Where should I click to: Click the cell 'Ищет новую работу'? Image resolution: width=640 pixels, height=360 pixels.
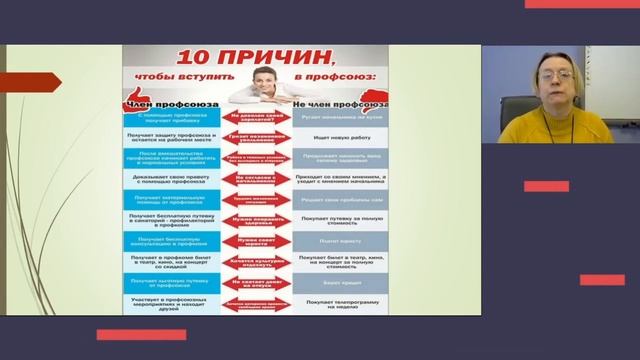(339, 139)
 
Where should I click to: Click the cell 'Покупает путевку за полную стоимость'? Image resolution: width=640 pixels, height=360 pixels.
(339, 219)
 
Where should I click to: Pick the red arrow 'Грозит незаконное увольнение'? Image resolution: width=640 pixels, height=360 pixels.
(257, 139)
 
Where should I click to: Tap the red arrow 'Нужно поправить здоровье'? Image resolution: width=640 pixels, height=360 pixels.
(257, 219)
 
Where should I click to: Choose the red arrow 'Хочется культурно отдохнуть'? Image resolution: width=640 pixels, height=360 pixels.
(257, 263)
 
